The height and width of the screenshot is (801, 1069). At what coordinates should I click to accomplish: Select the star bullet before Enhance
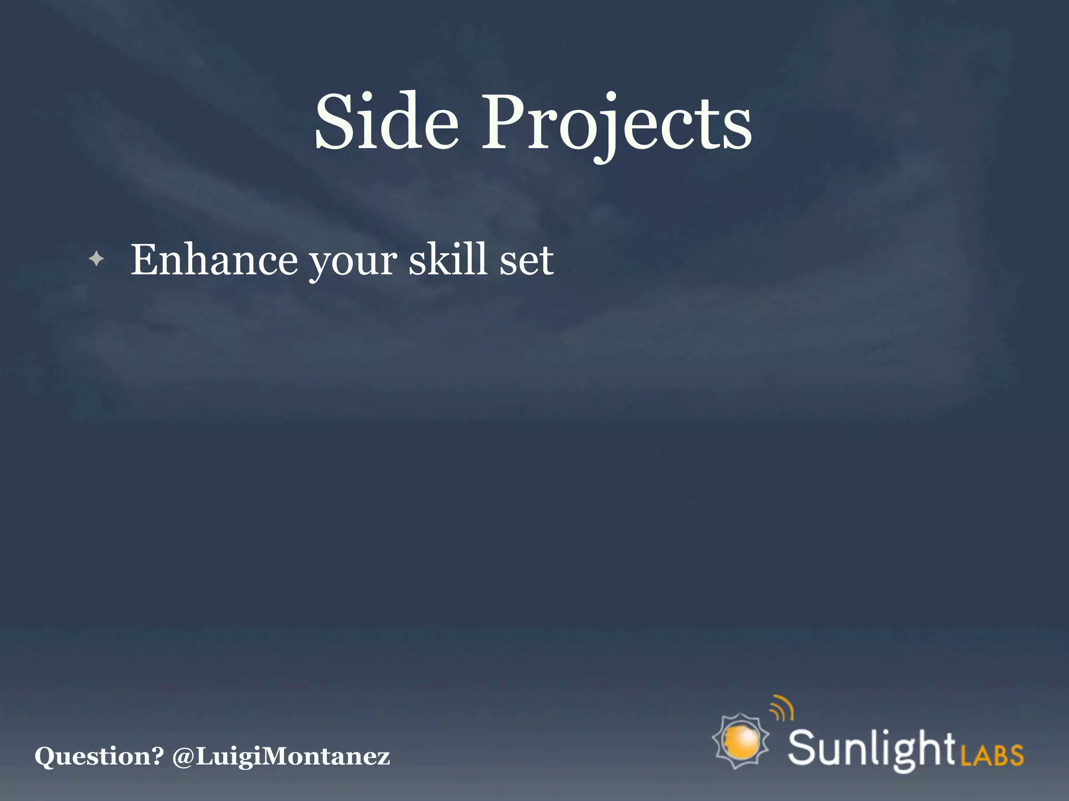coord(97,258)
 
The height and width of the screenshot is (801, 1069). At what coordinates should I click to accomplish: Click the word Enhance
coord(214,259)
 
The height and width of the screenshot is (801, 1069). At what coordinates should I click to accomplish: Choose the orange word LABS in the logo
coord(992,754)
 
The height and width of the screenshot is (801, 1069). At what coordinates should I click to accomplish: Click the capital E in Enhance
coord(146,259)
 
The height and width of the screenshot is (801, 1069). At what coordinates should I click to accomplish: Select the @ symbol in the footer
coord(183,756)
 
